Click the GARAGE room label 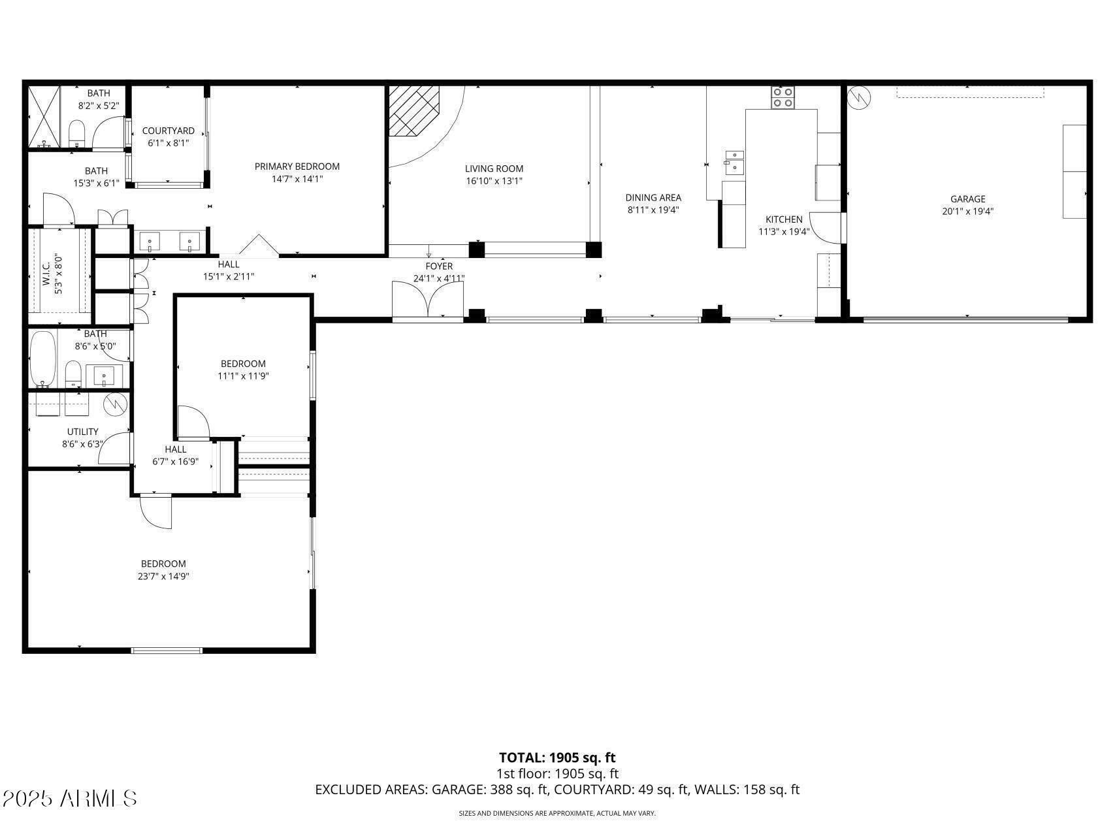pyautogui.click(x=967, y=199)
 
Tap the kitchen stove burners pyautogui.click(x=783, y=97)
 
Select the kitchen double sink pyautogui.click(x=734, y=162)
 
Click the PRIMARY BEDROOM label pyautogui.click(x=297, y=167)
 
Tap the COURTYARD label pyautogui.click(x=169, y=131)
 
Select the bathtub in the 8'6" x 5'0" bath pyautogui.click(x=43, y=359)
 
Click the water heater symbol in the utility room pyautogui.click(x=115, y=404)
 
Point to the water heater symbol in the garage pyautogui.click(x=858, y=98)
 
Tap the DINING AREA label pyautogui.click(x=653, y=197)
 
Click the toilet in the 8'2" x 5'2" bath pyautogui.click(x=77, y=133)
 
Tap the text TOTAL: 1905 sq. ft pyautogui.click(x=557, y=758)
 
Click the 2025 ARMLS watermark pyautogui.click(x=69, y=798)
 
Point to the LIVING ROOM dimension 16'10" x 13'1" pyautogui.click(x=494, y=181)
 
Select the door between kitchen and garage pyautogui.click(x=826, y=228)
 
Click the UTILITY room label pyautogui.click(x=83, y=432)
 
